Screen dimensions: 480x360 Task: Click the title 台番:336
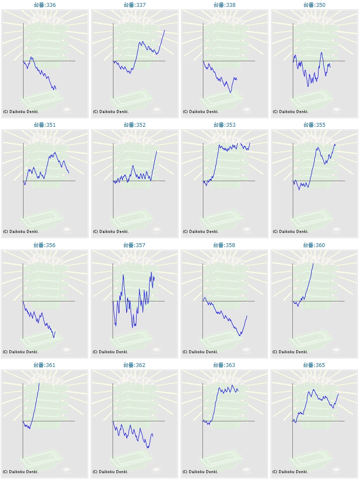45,5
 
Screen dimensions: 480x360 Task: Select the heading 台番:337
134,5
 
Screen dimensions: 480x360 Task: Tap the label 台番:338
224,5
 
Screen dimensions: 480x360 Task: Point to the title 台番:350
314,5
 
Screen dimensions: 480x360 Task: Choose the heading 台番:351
45,125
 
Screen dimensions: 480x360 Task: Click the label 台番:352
134,125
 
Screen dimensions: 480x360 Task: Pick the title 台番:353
224,125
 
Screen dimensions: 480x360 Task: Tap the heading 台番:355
314,125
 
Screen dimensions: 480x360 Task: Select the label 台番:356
45,245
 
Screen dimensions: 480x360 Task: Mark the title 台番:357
134,245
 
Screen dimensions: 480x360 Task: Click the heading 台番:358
224,245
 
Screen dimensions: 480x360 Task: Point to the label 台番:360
314,245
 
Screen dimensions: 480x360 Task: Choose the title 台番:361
45,365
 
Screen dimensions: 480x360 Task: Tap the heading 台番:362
134,365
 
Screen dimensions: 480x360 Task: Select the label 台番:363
224,365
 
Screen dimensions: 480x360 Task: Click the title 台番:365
314,365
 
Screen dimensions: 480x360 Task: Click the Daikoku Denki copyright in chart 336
21,112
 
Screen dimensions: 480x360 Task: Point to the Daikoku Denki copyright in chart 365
290,472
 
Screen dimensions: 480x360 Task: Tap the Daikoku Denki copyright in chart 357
111,352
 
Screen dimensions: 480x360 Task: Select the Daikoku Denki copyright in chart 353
201,232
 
